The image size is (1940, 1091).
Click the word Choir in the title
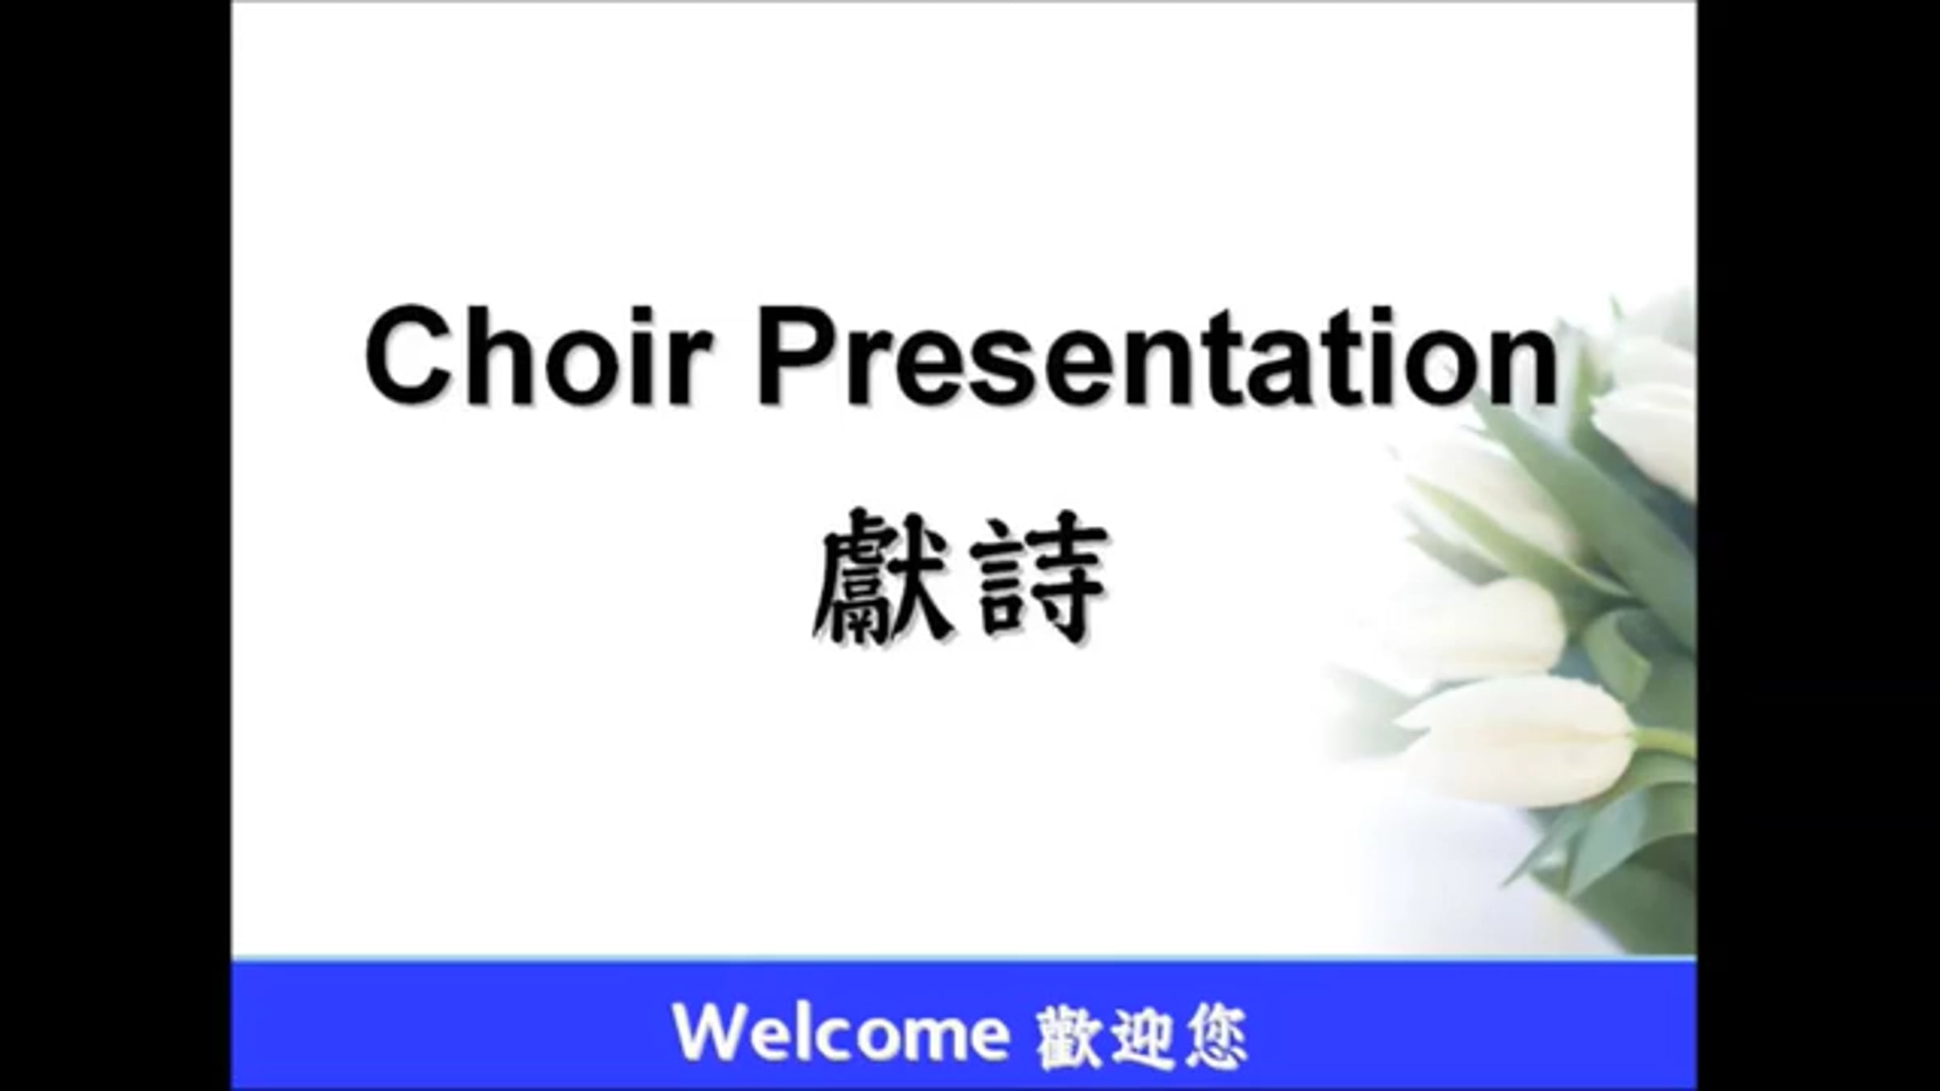click(538, 356)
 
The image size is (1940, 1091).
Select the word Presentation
click(1158, 356)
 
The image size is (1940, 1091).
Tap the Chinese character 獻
click(882, 575)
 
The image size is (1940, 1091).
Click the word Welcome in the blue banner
click(841, 1033)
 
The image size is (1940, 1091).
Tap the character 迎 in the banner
click(1142, 1036)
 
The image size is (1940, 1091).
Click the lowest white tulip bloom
click(1520, 739)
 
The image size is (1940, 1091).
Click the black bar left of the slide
click(116, 545)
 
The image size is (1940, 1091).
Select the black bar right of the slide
click(1819, 545)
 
